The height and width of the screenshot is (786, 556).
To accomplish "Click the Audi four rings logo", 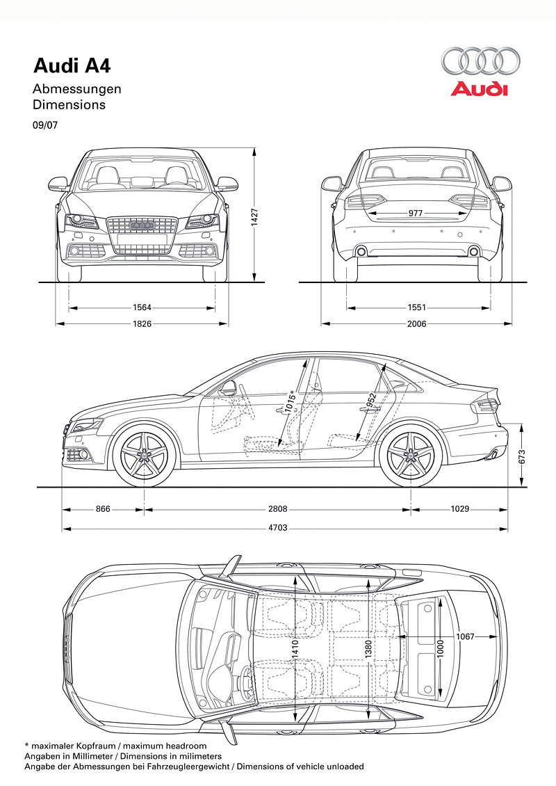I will (x=480, y=61).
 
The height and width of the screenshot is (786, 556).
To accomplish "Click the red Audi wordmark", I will (x=479, y=89).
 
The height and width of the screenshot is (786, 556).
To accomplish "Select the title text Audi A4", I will (x=72, y=65).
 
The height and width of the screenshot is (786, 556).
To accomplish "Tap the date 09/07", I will (x=44, y=127).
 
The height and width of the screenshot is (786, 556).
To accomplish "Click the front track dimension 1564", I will (x=142, y=307).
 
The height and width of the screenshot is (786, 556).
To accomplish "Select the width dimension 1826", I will (x=142, y=323).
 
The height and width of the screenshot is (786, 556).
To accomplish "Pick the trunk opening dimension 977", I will (x=416, y=214).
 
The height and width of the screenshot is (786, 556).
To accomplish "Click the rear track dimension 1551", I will (x=417, y=307).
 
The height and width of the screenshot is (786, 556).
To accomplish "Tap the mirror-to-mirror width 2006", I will (x=417, y=323).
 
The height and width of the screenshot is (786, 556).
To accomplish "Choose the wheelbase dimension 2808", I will (x=278, y=509).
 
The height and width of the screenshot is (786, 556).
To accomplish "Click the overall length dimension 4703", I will (x=277, y=528).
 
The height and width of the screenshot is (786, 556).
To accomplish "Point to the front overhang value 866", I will (x=103, y=509).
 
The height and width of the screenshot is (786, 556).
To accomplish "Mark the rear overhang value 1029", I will (x=459, y=509).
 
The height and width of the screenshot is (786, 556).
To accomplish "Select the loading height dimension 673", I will (x=522, y=456).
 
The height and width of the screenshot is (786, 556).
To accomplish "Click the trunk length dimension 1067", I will (x=466, y=637).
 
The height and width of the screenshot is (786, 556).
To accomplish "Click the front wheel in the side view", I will (x=145, y=456).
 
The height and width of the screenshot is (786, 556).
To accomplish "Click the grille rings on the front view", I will (x=142, y=225).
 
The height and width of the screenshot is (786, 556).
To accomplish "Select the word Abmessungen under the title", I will (x=77, y=89).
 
